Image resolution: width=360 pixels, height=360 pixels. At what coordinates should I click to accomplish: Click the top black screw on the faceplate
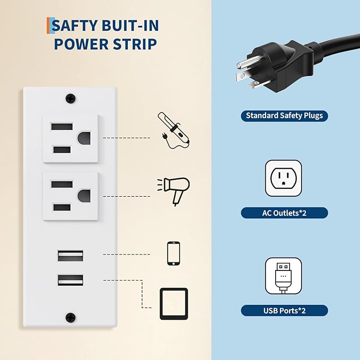point(70,99)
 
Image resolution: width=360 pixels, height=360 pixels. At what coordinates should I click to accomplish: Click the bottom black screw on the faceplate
point(70,318)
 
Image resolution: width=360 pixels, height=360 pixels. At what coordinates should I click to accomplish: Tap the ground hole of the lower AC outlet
point(83,196)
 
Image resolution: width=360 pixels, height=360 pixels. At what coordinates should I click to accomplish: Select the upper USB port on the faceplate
point(71,256)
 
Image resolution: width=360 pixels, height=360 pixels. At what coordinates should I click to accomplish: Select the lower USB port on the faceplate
point(71,280)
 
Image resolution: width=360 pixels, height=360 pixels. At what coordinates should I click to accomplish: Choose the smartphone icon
point(173,253)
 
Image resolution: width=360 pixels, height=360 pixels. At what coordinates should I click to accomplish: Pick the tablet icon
point(174,303)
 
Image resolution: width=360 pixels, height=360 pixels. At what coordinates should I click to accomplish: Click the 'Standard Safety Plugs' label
point(284,116)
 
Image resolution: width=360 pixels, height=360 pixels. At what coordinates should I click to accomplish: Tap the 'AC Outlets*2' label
point(284,213)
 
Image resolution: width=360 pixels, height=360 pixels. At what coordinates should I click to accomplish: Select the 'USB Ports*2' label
point(284,311)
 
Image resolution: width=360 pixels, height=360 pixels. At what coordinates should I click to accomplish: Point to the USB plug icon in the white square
point(284,276)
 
